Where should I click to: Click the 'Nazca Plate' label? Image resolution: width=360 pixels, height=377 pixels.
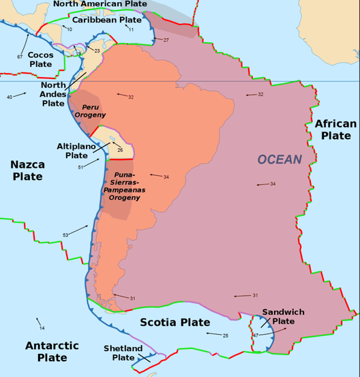(x=27, y=170)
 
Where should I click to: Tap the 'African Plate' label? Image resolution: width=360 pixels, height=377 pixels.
(x=335, y=130)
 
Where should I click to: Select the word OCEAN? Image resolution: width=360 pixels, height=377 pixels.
(x=279, y=159)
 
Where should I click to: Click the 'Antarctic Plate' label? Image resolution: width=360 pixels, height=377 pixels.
(x=56, y=351)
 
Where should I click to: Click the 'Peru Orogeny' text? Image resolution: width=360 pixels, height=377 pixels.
(x=93, y=111)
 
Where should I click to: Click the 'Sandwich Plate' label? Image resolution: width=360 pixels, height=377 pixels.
(x=283, y=316)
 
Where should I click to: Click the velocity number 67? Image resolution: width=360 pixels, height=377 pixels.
(x=20, y=56)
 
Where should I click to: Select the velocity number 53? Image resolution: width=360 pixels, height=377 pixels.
(x=65, y=235)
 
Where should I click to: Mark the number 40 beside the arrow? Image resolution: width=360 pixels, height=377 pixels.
(x=10, y=97)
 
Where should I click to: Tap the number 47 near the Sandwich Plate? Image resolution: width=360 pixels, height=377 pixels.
(x=255, y=335)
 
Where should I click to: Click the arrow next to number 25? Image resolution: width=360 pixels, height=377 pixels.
(x=213, y=334)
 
